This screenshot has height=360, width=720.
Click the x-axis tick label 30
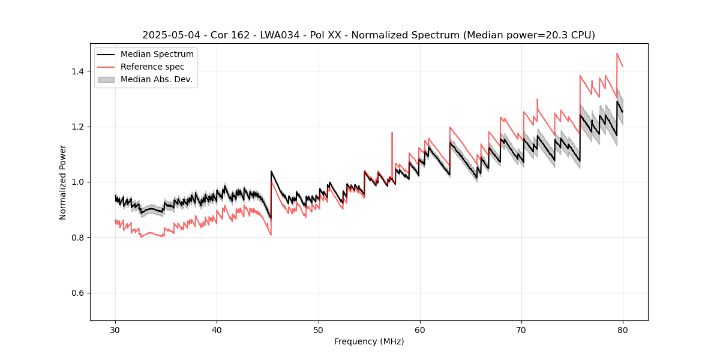(115, 329)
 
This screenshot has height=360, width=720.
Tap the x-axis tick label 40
(217, 329)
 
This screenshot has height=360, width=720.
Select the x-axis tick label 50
(318, 329)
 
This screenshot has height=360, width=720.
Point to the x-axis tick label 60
(419, 329)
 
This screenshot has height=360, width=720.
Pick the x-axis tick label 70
(521, 329)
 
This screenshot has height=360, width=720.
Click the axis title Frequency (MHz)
(369, 341)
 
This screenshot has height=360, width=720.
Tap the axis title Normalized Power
(63, 182)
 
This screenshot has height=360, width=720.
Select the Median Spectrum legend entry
(157, 55)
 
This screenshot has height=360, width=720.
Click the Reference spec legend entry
(152, 67)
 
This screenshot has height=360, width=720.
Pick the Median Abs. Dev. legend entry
(156, 79)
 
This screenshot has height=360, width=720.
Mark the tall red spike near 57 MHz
(392, 133)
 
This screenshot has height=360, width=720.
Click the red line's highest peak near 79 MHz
(617, 53)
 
